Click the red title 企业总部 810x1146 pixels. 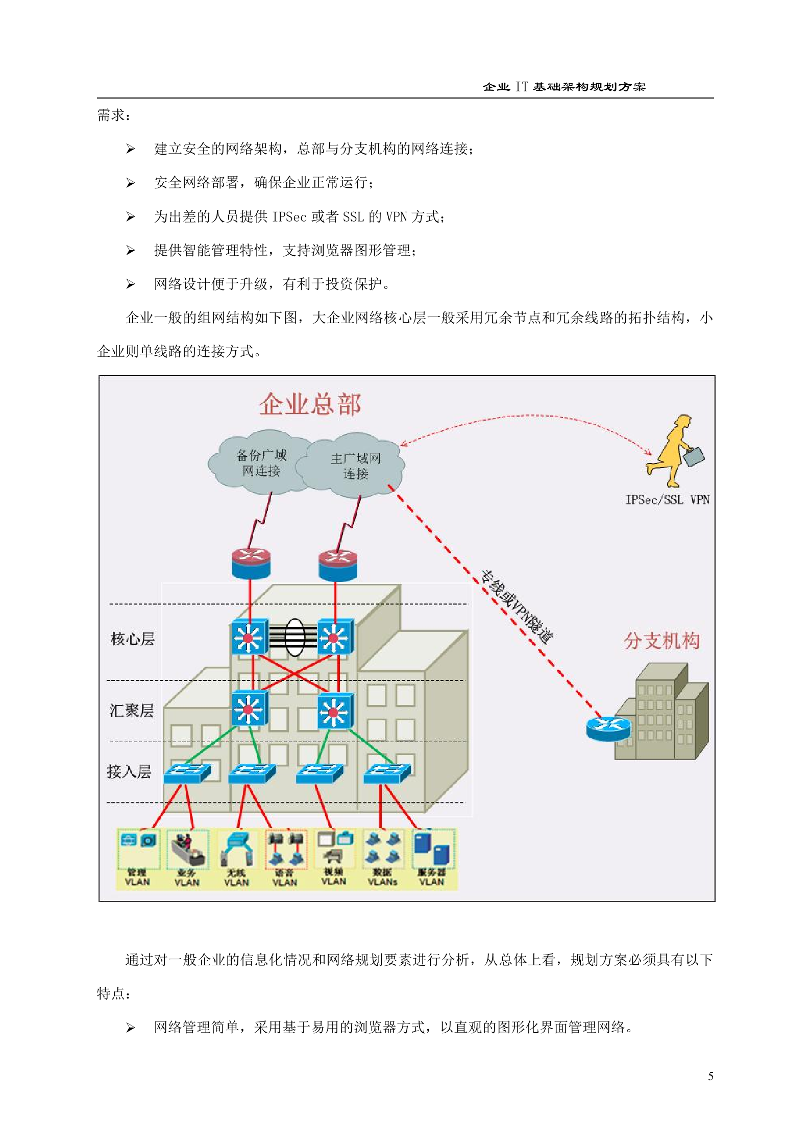(x=310, y=405)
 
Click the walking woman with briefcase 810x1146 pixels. (x=673, y=451)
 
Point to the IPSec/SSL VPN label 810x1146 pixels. (x=667, y=500)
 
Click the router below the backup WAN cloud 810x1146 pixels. (x=251, y=564)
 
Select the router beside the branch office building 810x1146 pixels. (x=608, y=728)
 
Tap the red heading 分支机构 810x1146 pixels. (x=661, y=641)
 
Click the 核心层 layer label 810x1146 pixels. (x=133, y=639)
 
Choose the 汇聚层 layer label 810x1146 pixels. (x=132, y=710)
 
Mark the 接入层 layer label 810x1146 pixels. (x=129, y=771)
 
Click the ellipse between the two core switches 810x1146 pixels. (x=294, y=637)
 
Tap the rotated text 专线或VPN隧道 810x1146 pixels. (x=517, y=607)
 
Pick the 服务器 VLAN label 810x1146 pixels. (x=432, y=877)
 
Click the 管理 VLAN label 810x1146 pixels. (x=137, y=877)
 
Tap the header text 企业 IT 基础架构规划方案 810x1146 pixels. (x=564, y=87)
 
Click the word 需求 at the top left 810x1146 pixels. (x=111, y=115)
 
